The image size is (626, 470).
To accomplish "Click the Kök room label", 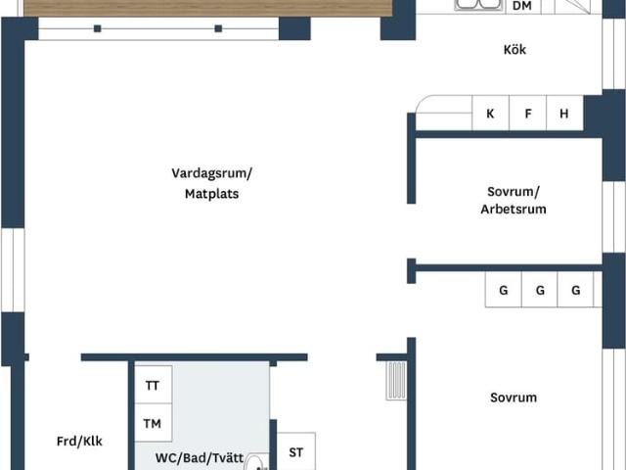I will coord(514,50).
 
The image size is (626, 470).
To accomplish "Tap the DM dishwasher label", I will coord(522,6).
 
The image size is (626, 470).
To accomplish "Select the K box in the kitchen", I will coord(490,114).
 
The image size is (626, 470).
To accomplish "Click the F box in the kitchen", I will coord(528,114).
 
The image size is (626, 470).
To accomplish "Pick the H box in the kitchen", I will coord(564,114).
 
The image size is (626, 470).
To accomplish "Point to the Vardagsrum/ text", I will coord(211,173).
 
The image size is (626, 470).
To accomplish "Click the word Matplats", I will coord(211,194).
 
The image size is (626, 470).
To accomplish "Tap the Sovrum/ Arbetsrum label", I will coord(514,201).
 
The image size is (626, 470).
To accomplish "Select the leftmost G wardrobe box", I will coord(504,291).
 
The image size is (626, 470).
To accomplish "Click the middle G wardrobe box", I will coord(540,291).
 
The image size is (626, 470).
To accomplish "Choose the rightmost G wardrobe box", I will coord(576,291).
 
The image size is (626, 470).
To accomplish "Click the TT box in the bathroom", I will coord(153,386).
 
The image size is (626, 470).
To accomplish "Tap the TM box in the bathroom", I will coord(153,424).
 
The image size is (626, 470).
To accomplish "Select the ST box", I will coord(295,452).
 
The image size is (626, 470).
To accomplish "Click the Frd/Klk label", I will coord(79,442).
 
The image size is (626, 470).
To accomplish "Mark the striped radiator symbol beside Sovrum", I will coord(395,381).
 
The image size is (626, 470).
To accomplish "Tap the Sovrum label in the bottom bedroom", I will coord(514,398).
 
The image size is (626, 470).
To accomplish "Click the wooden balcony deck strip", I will coord(205,8).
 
